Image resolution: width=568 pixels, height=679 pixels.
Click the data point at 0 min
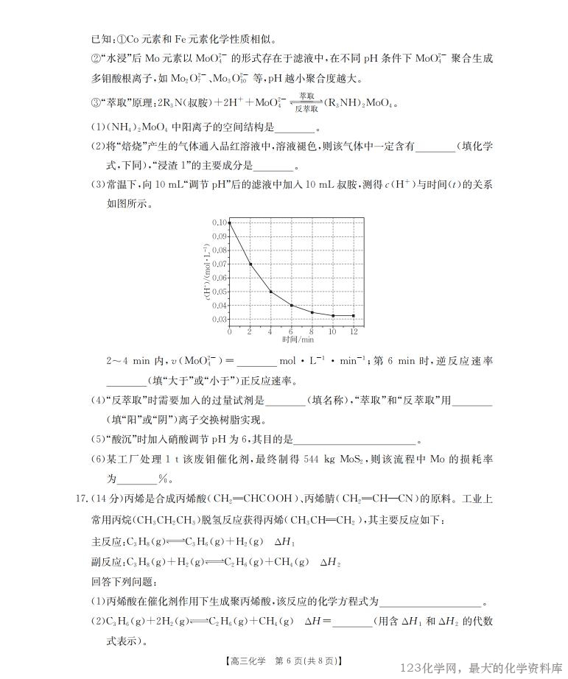pyautogui.click(x=230, y=222)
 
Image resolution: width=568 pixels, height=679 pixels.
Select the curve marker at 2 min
pyautogui.click(x=250, y=264)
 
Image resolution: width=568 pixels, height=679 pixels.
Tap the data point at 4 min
pyautogui.click(x=271, y=292)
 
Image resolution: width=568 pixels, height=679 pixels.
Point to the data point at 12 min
pyautogui.click(x=354, y=315)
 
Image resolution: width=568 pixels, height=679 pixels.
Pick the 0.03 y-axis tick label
pyautogui.click(x=220, y=320)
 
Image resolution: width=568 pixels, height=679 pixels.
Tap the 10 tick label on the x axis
pyautogui.click(x=333, y=332)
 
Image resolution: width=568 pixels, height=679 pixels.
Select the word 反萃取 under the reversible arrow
pyautogui.click(x=307, y=108)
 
